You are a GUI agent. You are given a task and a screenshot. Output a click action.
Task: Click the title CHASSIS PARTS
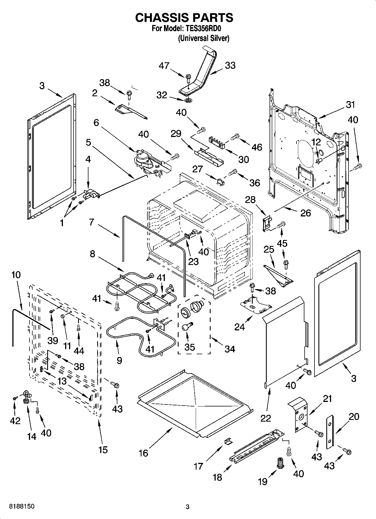(184, 17)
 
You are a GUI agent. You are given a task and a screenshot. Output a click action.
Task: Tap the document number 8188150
(22, 506)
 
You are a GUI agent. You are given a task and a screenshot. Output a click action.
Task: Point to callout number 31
(350, 105)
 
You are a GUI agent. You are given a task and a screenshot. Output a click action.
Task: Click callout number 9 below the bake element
(119, 360)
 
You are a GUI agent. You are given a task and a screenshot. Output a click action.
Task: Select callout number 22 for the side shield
(265, 418)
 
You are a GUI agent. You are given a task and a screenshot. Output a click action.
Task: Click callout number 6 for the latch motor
(96, 123)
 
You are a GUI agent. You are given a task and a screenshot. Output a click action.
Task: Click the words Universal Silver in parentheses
(204, 38)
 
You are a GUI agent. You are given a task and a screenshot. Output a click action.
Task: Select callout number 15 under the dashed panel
(103, 450)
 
